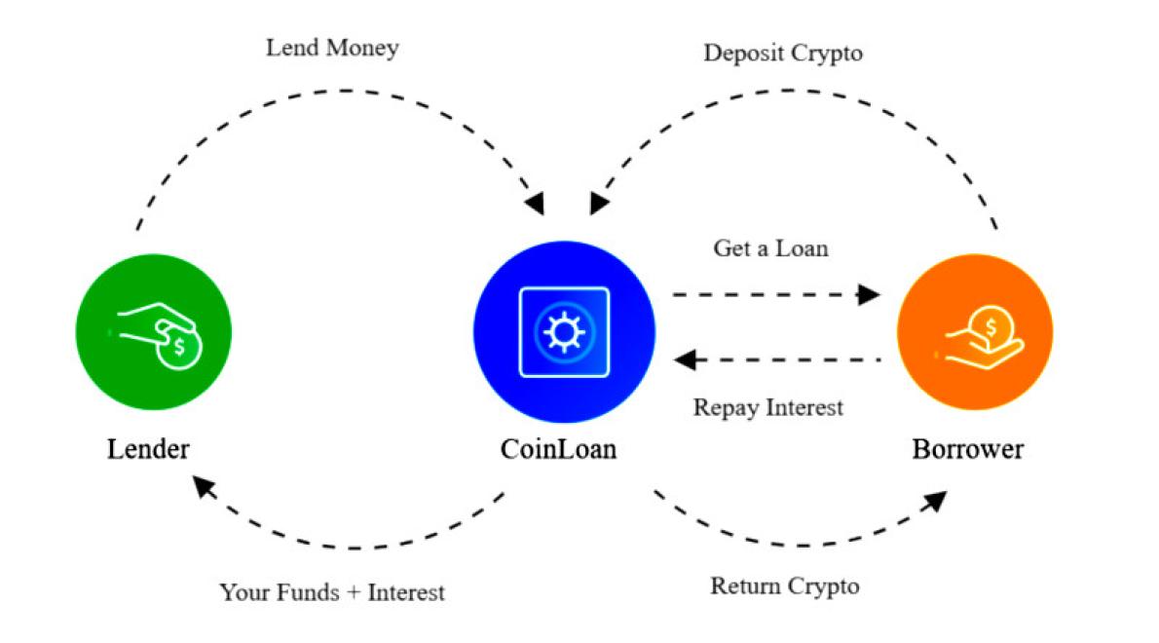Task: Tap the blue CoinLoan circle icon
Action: [563, 331]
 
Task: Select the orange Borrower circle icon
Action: [974, 333]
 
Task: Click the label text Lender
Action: [148, 450]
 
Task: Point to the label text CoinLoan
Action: [558, 450]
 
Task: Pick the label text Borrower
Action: [968, 450]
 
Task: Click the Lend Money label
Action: [332, 48]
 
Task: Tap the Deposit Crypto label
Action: [783, 53]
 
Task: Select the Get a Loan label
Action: [770, 248]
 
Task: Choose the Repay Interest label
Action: [767, 407]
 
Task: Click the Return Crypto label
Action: [785, 586]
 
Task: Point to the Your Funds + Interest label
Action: [332, 591]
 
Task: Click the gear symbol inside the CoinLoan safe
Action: [563, 331]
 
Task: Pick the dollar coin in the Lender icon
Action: [179, 347]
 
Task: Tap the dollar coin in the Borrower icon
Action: [991, 327]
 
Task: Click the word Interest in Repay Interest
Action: [804, 407]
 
